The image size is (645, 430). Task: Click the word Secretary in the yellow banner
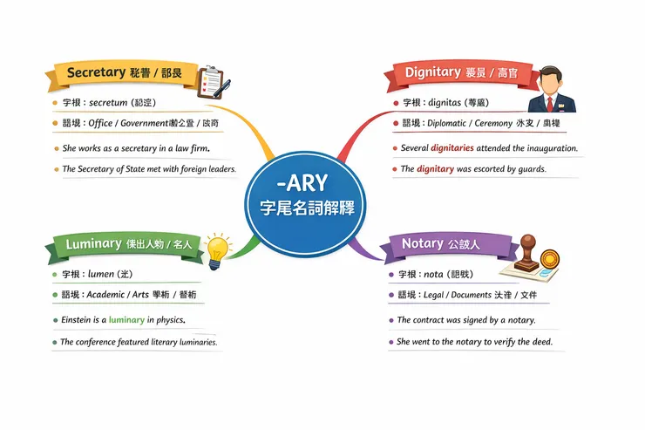96,72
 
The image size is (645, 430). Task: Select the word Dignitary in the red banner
432,72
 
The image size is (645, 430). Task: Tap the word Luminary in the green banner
93,244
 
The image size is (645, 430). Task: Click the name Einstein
78,320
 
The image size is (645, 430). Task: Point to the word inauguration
547,148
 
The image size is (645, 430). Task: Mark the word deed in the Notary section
541,342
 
